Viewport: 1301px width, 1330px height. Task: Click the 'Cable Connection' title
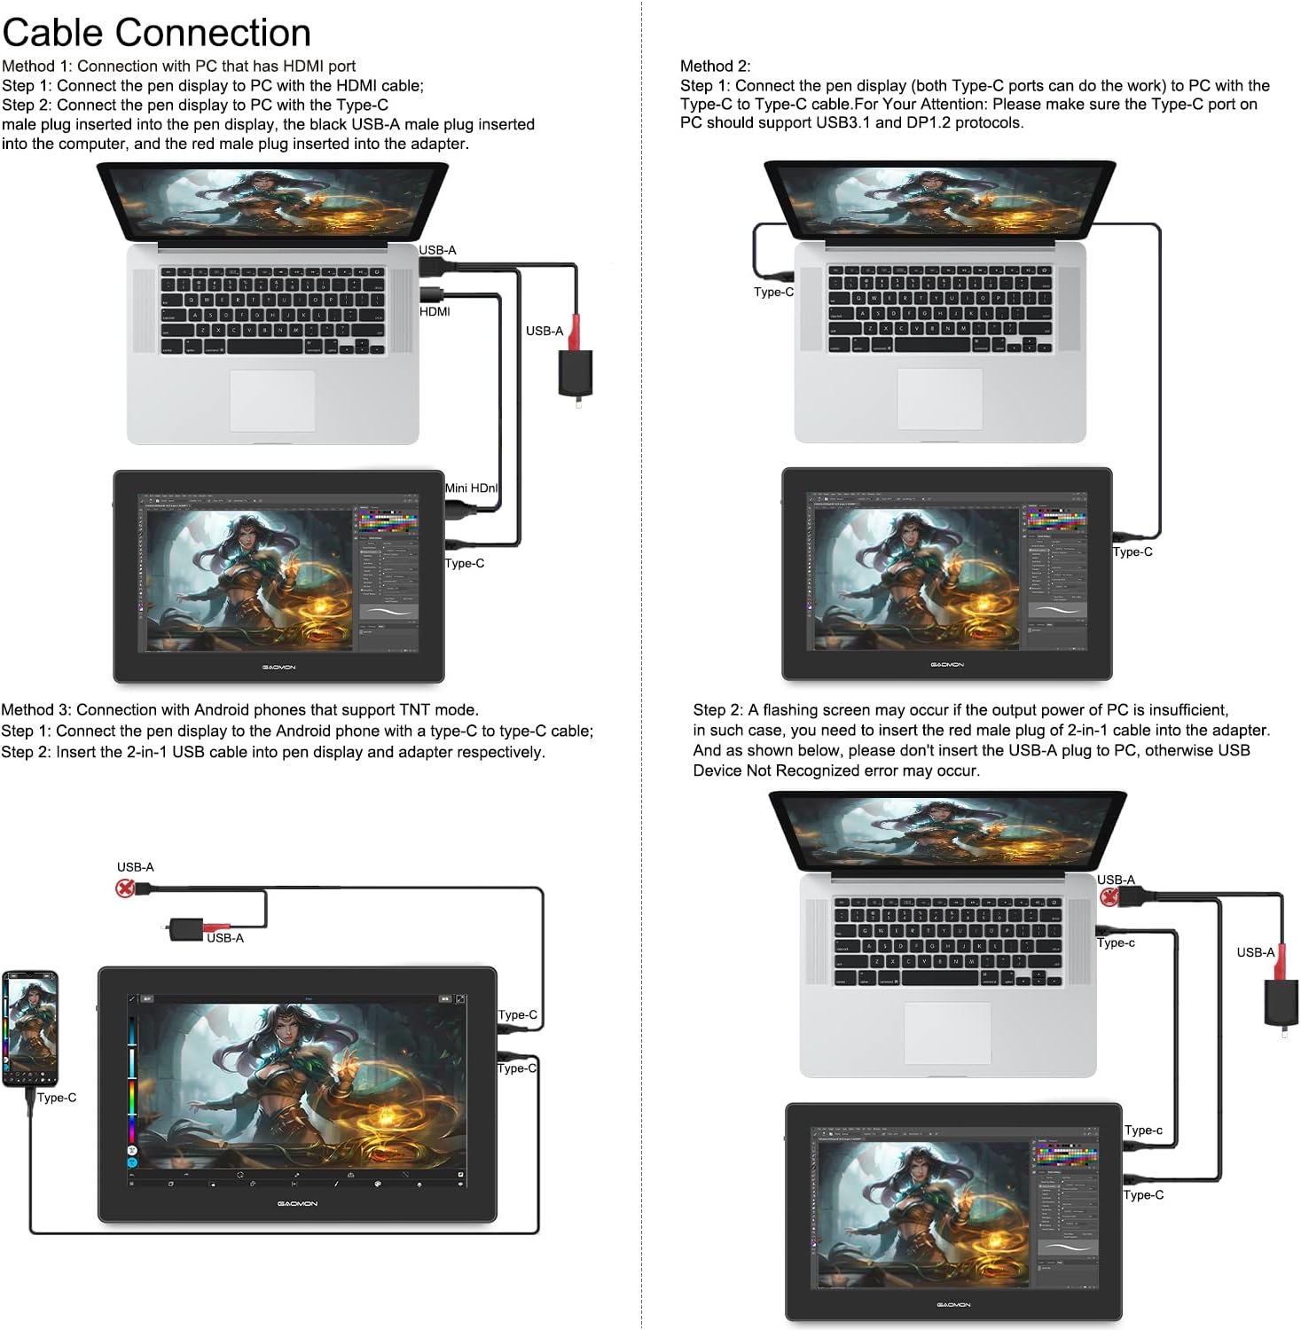(156, 33)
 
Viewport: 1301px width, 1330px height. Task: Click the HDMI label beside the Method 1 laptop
(435, 311)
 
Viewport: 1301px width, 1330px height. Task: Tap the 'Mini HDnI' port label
(471, 488)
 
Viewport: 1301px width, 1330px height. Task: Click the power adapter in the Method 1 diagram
(575, 373)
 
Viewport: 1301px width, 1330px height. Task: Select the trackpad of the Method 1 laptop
(272, 401)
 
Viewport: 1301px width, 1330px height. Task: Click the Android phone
(30, 1029)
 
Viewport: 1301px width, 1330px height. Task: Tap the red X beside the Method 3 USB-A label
(125, 888)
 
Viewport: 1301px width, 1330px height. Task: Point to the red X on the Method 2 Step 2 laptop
(1108, 897)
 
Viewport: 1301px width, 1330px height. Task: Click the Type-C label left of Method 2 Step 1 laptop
(773, 292)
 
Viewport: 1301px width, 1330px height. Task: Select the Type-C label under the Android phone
(57, 1098)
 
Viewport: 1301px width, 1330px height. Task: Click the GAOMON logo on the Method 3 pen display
(297, 1203)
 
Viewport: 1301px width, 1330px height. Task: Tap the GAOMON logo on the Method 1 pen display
(278, 667)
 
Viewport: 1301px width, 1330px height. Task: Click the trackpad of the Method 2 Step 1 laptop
(939, 398)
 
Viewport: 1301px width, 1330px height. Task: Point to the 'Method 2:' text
(715, 66)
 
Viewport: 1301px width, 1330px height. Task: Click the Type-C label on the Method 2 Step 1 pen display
(1132, 552)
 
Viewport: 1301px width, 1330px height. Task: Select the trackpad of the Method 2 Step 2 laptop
(947, 1033)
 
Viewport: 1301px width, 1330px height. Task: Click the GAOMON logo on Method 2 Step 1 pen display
(946, 664)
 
